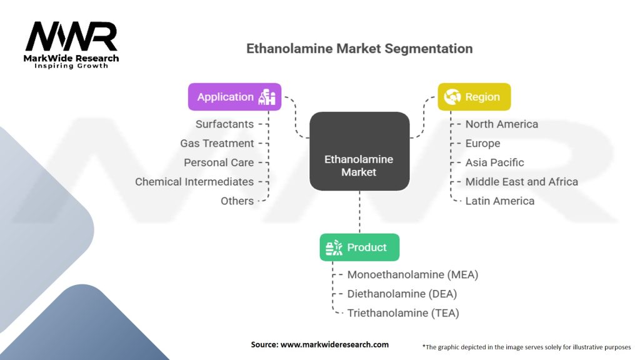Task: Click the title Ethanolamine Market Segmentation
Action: (359, 48)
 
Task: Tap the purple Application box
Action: (235, 97)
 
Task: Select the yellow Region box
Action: (474, 97)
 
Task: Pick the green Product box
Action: (359, 247)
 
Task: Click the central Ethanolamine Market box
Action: (359, 165)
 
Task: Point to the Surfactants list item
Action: (224, 124)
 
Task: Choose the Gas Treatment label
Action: (217, 143)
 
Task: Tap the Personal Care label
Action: (219, 162)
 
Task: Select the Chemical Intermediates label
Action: (194, 182)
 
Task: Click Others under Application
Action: (237, 201)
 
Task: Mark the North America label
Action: (501, 124)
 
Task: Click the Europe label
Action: (482, 143)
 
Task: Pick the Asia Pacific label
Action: (494, 162)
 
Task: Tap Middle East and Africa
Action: (521, 182)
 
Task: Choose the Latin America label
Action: (499, 201)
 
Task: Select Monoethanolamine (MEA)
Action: (412, 274)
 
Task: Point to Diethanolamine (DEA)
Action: (402, 294)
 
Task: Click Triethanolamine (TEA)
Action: (403, 313)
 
